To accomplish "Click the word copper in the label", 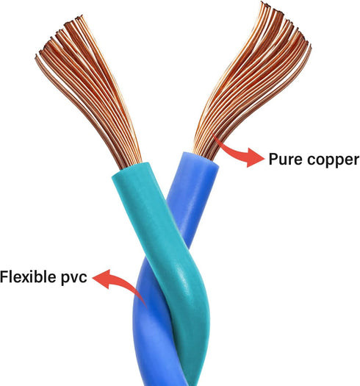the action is (334, 161).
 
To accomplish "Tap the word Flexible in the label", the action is (28, 276).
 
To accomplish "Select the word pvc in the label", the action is (73, 279).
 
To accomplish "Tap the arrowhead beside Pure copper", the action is (255, 157).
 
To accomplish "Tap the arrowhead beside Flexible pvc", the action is (102, 278).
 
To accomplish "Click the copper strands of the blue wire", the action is (251, 79).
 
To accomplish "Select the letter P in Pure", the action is (273, 160).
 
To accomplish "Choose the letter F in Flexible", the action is (4, 276).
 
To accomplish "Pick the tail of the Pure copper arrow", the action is (214, 136).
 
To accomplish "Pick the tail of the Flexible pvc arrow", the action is (146, 307).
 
